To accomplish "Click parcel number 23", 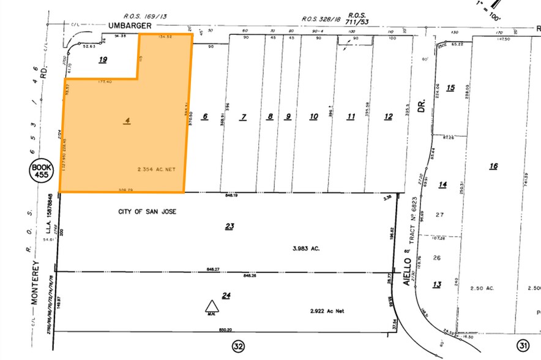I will pyautogui.click(x=229, y=227).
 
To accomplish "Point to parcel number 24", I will pyautogui.click(x=226, y=296).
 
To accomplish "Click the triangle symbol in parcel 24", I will pyautogui.click(x=211, y=307).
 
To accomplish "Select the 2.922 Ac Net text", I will pyautogui.click(x=327, y=312).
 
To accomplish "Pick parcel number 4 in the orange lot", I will pyautogui.click(x=127, y=121).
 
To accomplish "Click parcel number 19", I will pyautogui.click(x=103, y=59).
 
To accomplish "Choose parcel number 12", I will pyautogui.click(x=388, y=117).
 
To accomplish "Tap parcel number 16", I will pyautogui.click(x=494, y=166).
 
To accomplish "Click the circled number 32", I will pyautogui.click(x=239, y=347).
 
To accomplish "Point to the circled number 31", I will pyautogui.click(x=523, y=346).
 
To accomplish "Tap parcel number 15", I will pyautogui.click(x=450, y=88).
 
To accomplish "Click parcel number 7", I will pyautogui.click(x=243, y=117).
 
